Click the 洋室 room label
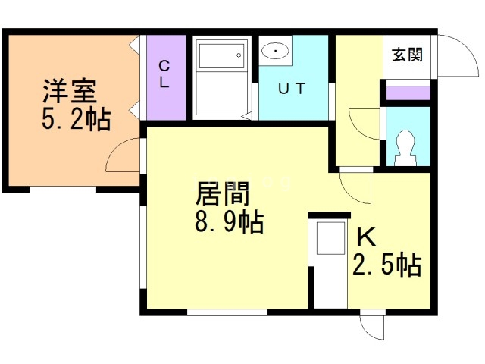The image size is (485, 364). [70, 91]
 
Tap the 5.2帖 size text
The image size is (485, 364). [77, 119]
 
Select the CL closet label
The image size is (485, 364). [164, 74]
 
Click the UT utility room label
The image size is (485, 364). [292, 88]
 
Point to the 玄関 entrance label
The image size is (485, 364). [407, 55]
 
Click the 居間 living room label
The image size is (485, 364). [222, 193]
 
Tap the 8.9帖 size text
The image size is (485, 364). [230, 221]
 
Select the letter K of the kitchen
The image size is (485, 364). [367, 237]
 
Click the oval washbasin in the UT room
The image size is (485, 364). [275, 51]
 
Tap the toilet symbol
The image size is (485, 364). [405, 148]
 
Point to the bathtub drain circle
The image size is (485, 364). [239, 55]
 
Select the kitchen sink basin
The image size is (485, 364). [330, 238]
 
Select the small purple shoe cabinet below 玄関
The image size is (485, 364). [408, 93]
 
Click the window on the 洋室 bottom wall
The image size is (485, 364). [63, 190]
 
